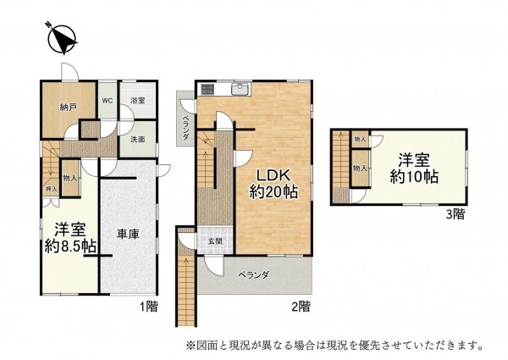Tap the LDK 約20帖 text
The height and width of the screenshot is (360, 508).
(271, 183)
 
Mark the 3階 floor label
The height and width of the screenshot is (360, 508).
(456, 215)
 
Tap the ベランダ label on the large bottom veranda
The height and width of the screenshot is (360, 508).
(253, 275)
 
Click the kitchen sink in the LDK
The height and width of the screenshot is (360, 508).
(238, 88)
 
